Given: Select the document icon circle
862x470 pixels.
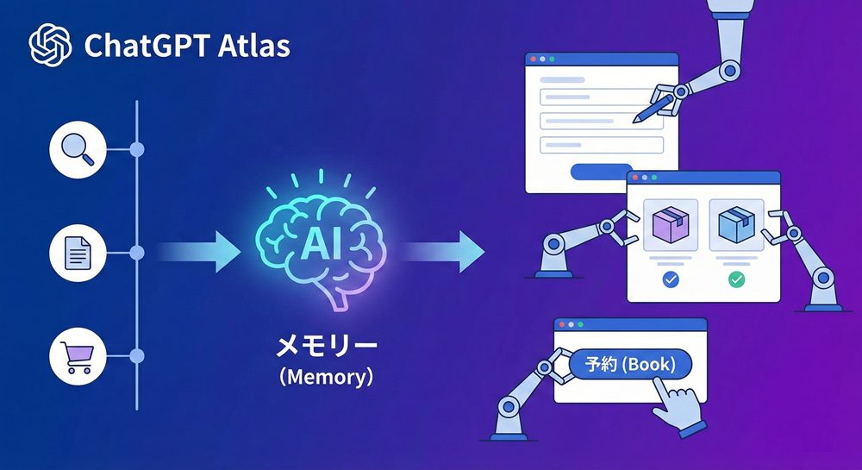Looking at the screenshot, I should coord(79,253).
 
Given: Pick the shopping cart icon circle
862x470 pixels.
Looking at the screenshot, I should coord(79,355).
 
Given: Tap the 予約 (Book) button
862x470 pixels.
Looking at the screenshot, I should coord(631,364).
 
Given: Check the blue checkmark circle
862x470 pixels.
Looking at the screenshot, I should coord(669,279).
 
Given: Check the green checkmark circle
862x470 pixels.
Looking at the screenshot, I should coord(735,279).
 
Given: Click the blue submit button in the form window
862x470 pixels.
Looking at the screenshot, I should coord(601,171).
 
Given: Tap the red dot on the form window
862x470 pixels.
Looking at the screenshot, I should coord(534,60).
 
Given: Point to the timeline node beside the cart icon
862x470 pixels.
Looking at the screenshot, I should coord(136,355).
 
